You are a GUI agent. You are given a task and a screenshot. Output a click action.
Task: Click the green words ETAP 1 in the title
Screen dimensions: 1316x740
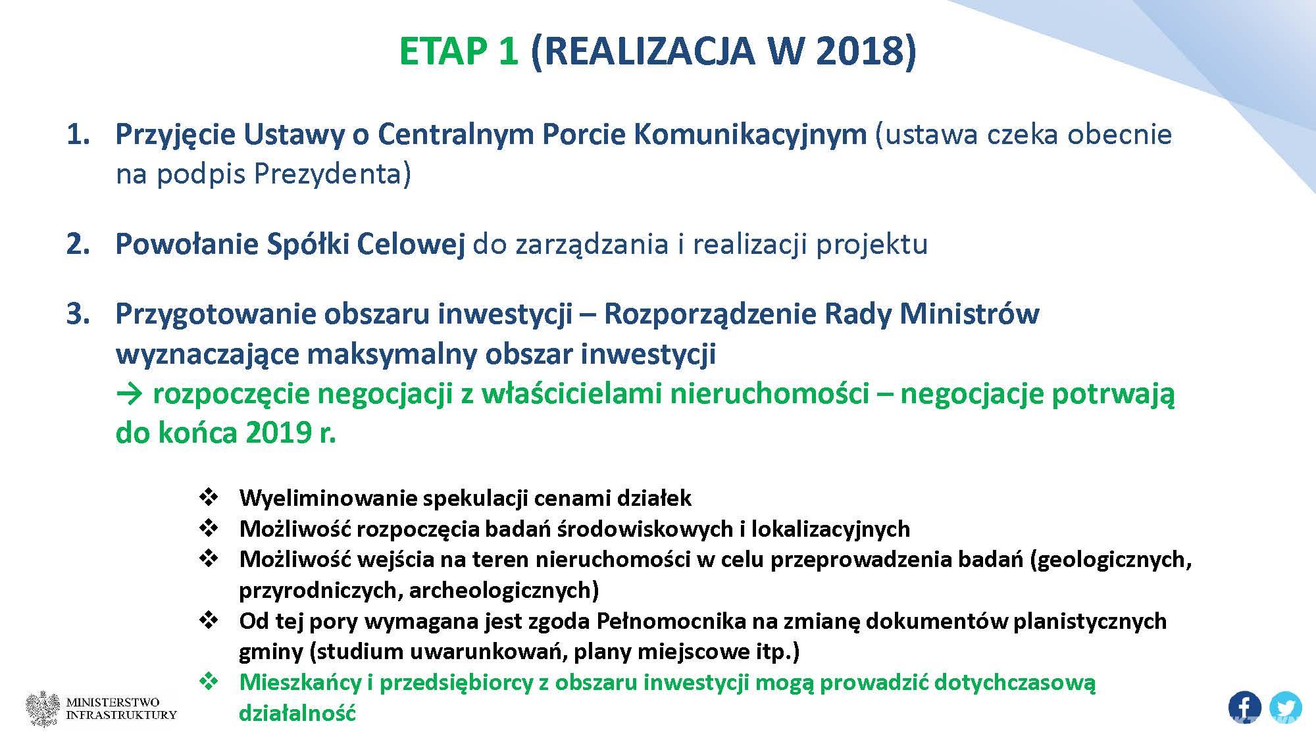[x=459, y=51]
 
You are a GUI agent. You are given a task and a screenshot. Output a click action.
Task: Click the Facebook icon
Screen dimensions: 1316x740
[x=1244, y=708]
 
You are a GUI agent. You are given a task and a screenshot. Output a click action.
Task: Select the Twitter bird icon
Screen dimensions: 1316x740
[x=1285, y=708]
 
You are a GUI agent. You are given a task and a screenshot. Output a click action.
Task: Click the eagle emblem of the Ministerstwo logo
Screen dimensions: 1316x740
[x=43, y=709]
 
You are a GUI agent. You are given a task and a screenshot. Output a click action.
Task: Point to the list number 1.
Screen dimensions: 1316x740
[x=78, y=135]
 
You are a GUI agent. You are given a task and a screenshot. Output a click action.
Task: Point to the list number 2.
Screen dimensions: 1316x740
[x=78, y=244]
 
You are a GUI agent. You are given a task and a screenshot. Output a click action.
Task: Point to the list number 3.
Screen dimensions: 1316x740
[x=78, y=314]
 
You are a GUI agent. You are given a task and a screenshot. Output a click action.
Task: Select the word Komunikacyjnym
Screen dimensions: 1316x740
[x=750, y=136]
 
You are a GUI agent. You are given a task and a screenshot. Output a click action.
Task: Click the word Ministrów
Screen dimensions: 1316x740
[x=969, y=314]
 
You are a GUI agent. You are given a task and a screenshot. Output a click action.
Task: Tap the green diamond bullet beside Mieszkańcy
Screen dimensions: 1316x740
[x=209, y=682]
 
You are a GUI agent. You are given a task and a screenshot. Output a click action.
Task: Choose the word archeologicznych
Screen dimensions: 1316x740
[x=504, y=591]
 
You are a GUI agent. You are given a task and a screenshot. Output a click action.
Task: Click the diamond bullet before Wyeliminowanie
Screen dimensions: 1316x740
[x=209, y=497]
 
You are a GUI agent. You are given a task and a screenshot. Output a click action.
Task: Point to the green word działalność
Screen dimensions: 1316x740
[x=297, y=713]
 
